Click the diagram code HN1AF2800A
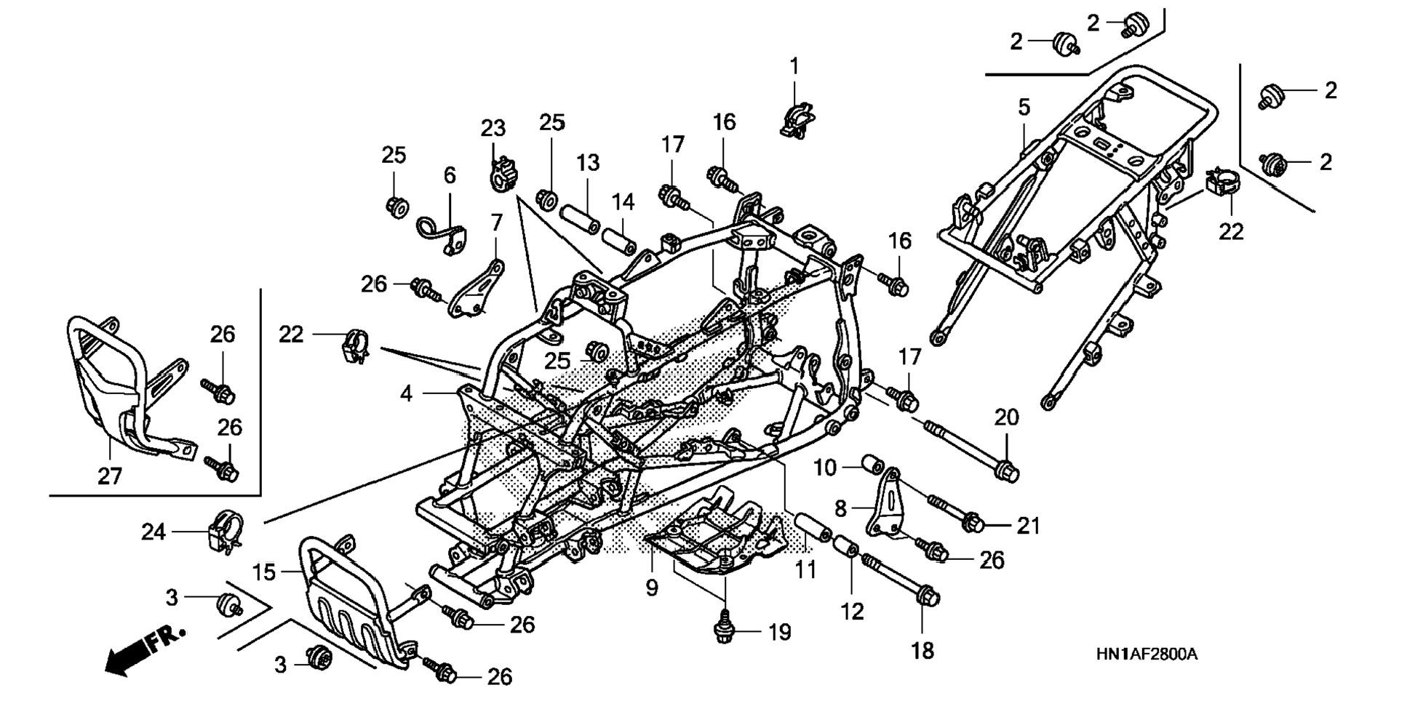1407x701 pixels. click(1146, 654)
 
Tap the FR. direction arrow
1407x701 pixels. click(146, 648)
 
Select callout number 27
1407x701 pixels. click(110, 477)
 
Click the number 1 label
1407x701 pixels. click(794, 66)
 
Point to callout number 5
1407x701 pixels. click(1024, 108)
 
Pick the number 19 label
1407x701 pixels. click(779, 633)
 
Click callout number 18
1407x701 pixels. click(922, 650)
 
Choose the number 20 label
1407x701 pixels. click(1007, 417)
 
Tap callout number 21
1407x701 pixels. click(1028, 525)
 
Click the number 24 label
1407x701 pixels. click(154, 532)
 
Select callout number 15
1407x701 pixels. click(265, 572)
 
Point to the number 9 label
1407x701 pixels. click(652, 587)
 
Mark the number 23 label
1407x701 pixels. click(493, 128)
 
